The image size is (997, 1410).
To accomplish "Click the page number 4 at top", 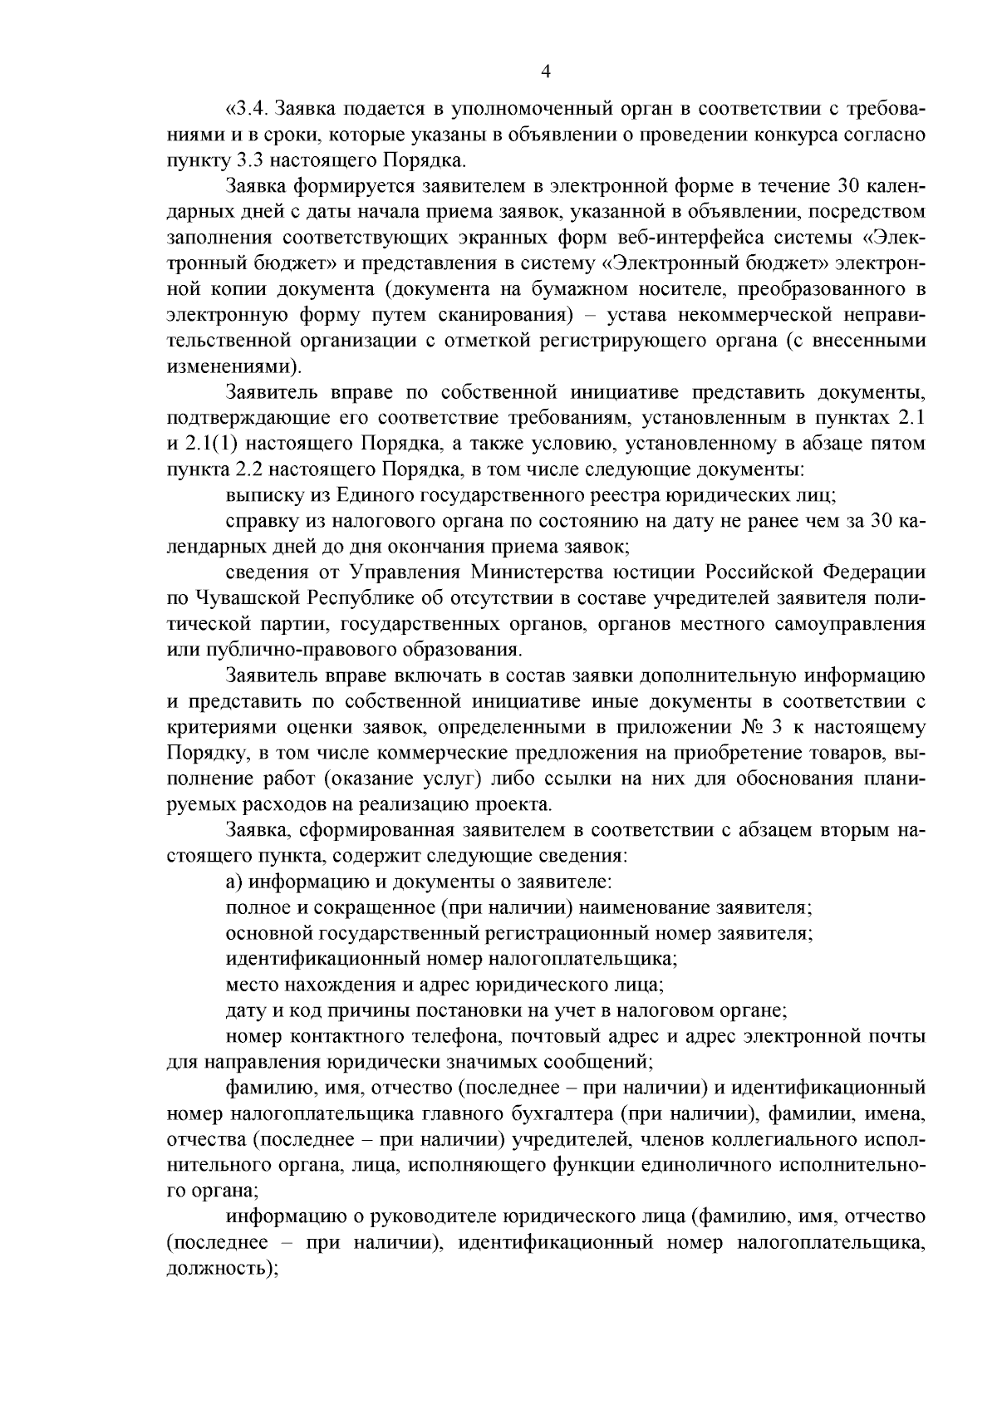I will point(545,72).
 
